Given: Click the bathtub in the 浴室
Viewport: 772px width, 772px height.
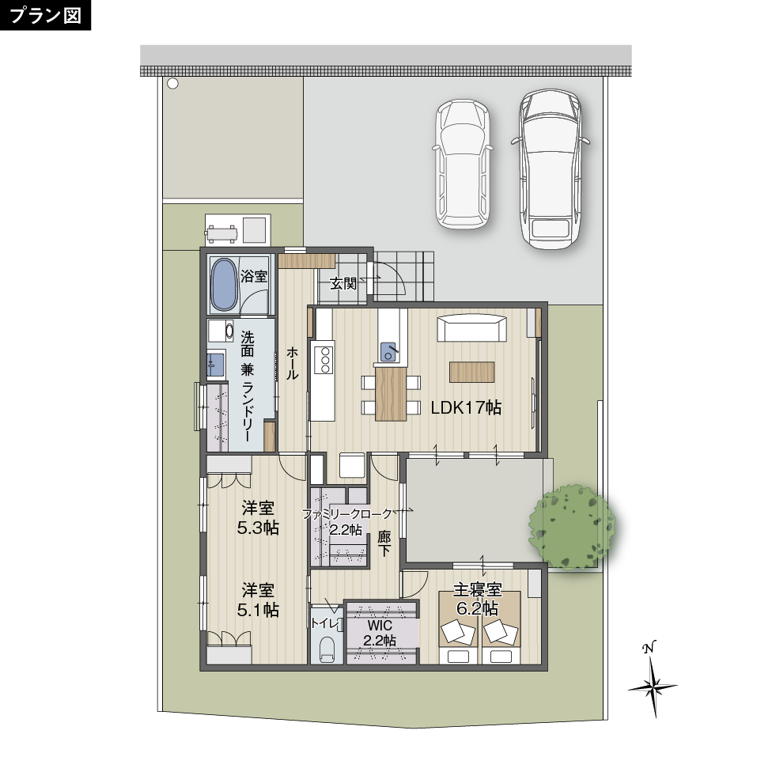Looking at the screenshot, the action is pos(224,285).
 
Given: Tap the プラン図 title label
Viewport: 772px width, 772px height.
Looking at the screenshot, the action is pos(45,15).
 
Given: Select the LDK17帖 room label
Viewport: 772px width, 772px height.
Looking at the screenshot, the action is pos(466,407).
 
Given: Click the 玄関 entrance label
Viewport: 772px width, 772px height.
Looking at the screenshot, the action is pos(342,284).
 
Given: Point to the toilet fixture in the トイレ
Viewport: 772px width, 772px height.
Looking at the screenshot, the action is pos(327,649).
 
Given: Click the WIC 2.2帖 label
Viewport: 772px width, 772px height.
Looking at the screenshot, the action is pos(380,633).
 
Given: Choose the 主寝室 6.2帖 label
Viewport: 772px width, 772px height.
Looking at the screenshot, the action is pos(477,600).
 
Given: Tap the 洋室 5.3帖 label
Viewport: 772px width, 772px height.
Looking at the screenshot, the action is pos(258,517).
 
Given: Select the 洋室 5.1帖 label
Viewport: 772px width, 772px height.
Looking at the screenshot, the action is pos(258,600).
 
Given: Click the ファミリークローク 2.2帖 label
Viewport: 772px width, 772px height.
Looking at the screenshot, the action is pos(346,522).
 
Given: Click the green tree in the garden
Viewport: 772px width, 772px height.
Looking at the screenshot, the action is pos(572,528).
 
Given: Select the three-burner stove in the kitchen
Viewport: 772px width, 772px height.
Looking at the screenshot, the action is pos(325,360).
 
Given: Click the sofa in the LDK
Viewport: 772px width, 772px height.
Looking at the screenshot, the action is pos(472,328).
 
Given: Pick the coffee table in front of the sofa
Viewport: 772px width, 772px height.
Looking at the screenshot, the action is pos(471,373).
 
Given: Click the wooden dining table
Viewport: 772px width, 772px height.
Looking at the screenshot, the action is pos(391,395).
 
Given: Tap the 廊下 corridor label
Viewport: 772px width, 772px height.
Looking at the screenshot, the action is pos(384,543).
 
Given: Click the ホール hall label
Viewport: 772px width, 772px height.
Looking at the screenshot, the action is pos(292,363).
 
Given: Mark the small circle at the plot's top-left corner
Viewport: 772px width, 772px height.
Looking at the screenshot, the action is pos(172,84).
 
